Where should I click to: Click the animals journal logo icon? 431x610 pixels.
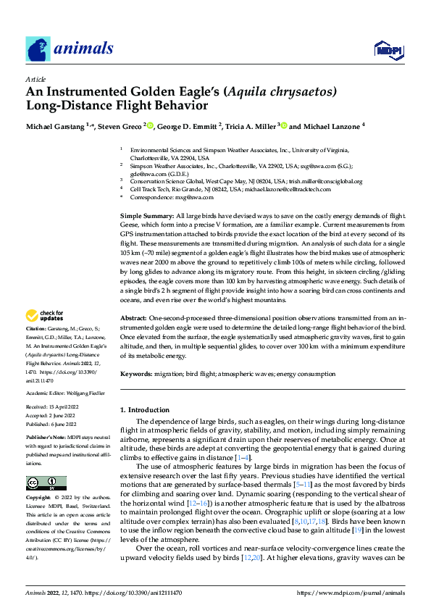click(37, 50)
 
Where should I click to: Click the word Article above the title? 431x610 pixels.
click(35, 79)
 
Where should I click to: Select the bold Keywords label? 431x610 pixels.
click(136, 374)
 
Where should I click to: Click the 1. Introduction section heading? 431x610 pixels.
click(144, 410)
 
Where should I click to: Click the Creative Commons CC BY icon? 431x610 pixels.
click(46, 482)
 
